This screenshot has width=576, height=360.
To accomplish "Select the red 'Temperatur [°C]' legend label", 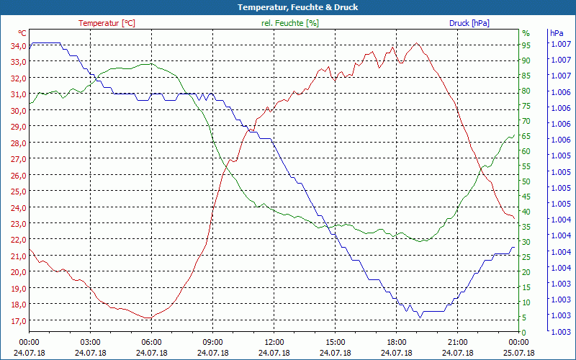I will (x=107, y=23).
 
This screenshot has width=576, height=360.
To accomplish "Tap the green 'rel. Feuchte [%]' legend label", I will (x=289, y=23).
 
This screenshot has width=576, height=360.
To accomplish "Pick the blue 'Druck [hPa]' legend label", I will (x=469, y=23).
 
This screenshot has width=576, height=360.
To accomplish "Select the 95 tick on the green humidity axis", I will (x=526, y=45).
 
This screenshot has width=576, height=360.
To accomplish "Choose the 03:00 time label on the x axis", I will (x=90, y=342).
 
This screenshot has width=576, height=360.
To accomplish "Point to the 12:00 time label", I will (x=274, y=342).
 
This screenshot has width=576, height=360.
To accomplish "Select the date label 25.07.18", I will (x=518, y=353).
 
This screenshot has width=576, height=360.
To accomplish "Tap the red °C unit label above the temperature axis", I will (x=22, y=33).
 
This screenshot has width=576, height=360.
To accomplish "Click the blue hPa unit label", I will (x=557, y=33).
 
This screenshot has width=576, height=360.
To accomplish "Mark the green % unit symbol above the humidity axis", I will (x=526, y=33).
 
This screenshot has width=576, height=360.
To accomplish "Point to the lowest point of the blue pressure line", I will (x=419, y=317).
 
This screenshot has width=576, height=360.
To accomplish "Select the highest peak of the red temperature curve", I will (x=416, y=43).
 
